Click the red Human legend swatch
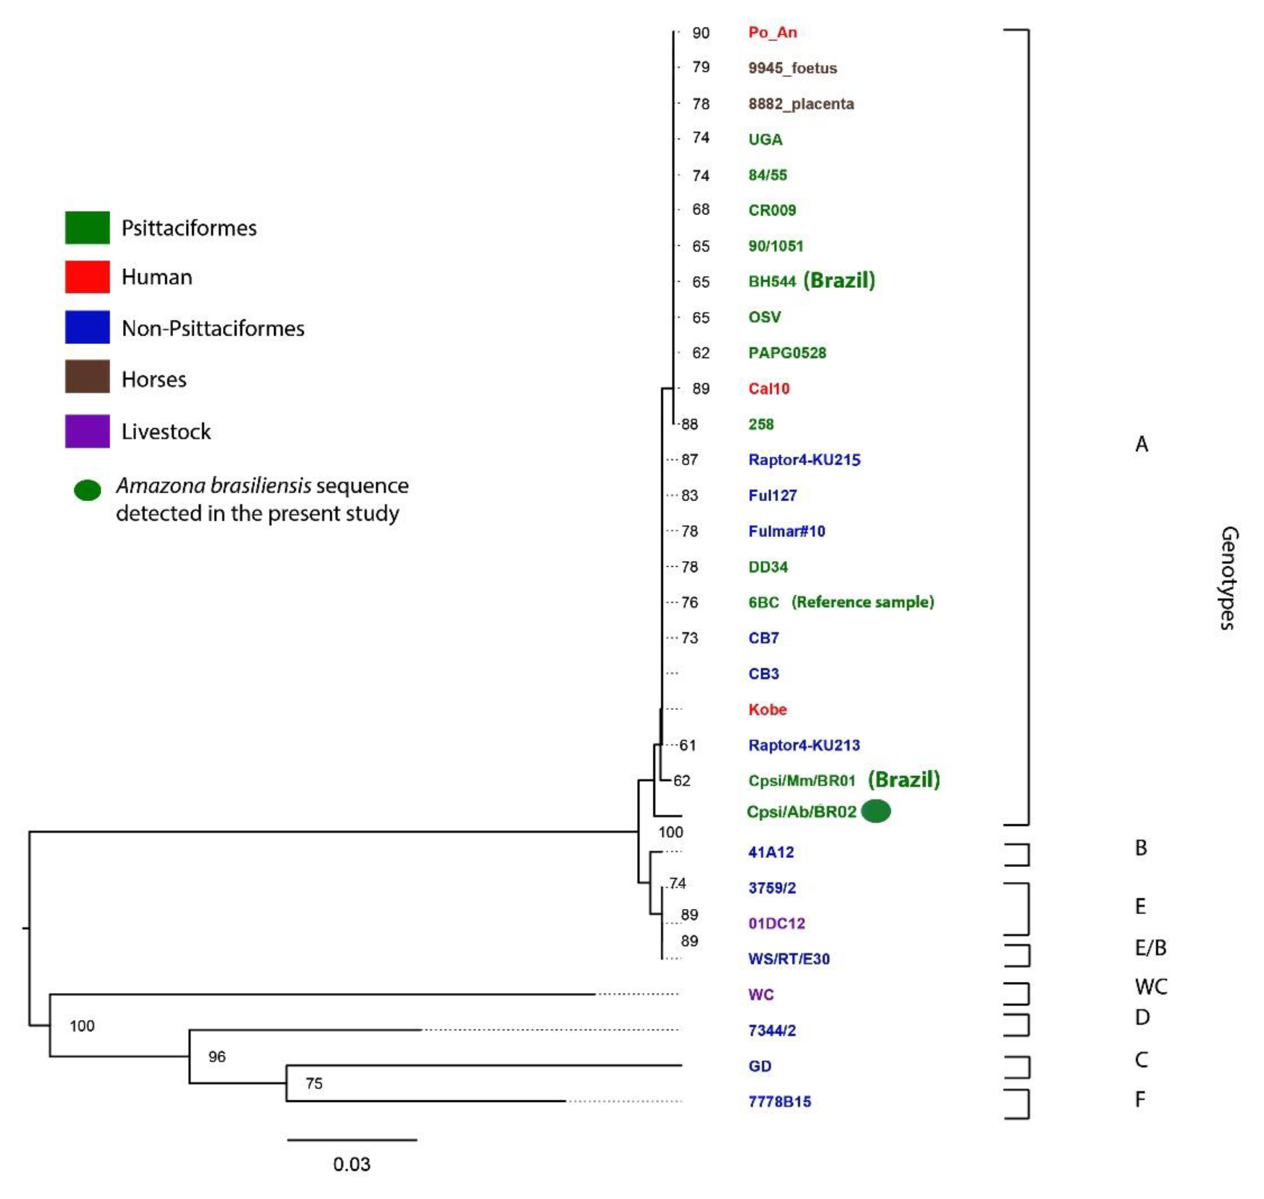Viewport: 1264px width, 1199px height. tap(87, 277)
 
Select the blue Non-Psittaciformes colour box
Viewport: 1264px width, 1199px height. tap(87, 327)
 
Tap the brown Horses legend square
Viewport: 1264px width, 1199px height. tap(87, 377)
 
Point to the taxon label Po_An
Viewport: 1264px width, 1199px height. tap(772, 33)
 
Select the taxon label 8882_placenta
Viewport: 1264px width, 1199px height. tap(801, 103)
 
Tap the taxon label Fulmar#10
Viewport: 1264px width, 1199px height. tap(787, 531)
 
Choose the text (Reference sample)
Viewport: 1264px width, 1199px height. tap(862, 602)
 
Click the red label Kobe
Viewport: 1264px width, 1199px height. tap(767, 709)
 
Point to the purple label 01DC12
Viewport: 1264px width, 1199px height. tap(776, 924)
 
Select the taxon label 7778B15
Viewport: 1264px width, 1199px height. tap(779, 1102)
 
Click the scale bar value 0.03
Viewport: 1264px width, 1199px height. tap(352, 1164)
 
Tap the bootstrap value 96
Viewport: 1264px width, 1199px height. tap(217, 1057)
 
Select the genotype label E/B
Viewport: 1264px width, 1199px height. tap(1150, 948)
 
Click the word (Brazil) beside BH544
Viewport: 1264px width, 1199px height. tap(839, 281)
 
